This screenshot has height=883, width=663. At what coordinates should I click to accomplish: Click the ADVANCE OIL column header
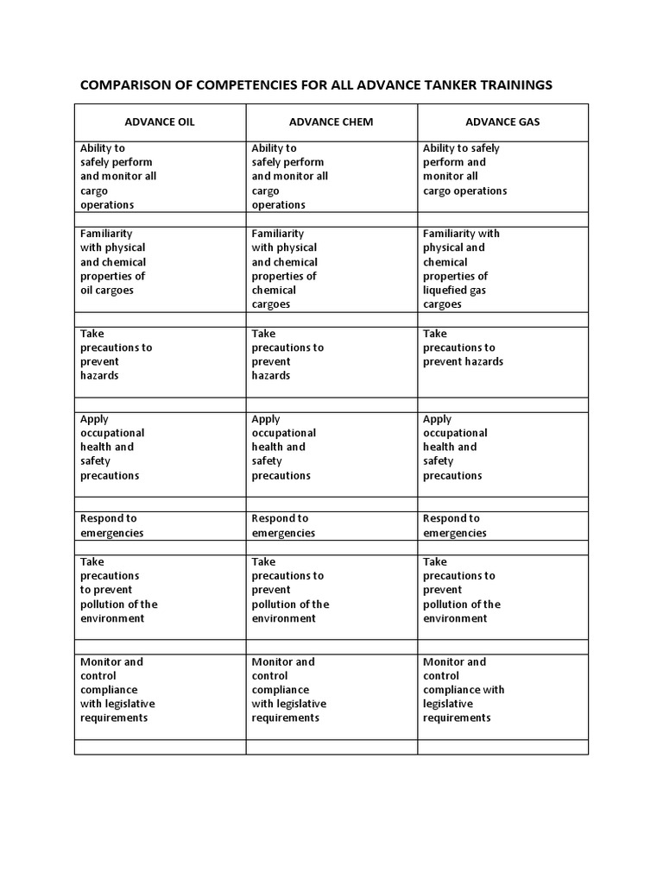[160, 122]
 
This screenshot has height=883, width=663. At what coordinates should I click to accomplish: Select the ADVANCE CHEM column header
[331, 122]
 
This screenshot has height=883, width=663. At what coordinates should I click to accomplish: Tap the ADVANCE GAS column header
[502, 122]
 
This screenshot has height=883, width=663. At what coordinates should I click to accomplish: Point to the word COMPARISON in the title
[127, 85]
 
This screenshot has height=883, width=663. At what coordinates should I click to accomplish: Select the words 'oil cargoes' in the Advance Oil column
[107, 291]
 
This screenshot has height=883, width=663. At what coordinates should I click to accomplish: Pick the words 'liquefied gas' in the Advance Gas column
[454, 291]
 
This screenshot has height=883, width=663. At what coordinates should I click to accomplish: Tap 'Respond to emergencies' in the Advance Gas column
[454, 525]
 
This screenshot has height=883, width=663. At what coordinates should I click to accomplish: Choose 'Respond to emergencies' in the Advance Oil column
[111, 525]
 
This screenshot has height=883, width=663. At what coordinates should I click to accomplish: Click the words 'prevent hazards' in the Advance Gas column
[463, 361]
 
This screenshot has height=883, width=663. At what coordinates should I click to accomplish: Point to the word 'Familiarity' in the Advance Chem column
[276, 234]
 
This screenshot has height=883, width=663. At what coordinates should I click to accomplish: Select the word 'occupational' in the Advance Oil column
[112, 433]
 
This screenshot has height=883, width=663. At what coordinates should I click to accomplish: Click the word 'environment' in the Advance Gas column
[455, 618]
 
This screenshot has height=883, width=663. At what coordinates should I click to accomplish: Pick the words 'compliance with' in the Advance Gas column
[464, 690]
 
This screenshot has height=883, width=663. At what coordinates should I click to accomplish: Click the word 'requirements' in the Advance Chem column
[286, 717]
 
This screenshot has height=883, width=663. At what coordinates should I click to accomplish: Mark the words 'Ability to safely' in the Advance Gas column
[461, 148]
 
